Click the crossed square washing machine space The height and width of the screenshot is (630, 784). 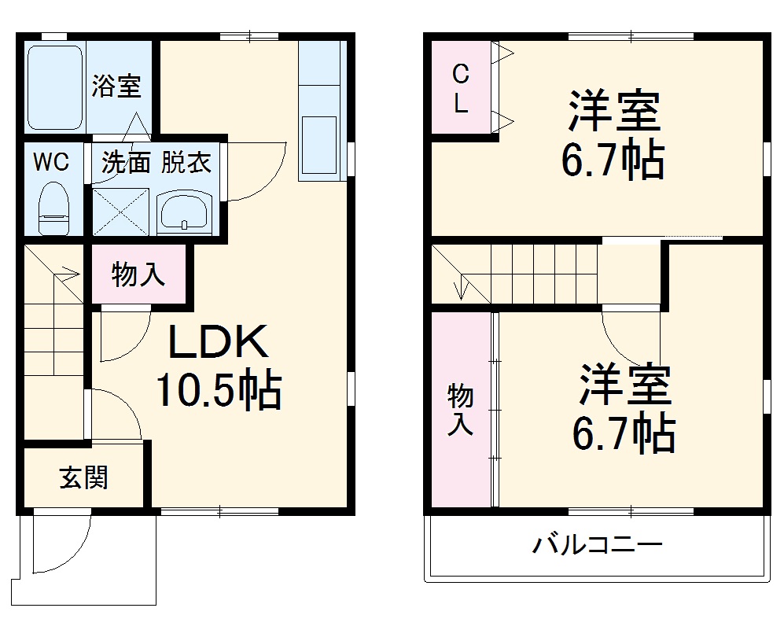(120, 211)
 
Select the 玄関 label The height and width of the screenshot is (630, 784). (83, 477)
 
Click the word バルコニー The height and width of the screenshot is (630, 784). (597, 544)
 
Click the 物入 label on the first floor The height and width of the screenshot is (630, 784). (138, 274)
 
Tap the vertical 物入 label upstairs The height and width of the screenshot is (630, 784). (461, 410)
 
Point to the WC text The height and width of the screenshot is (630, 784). (51, 163)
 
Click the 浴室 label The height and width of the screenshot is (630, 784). (116, 86)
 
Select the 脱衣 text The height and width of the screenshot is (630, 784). (186, 163)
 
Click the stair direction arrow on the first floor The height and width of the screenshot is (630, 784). (67, 275)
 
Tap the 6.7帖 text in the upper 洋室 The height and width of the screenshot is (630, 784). (613, 160)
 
